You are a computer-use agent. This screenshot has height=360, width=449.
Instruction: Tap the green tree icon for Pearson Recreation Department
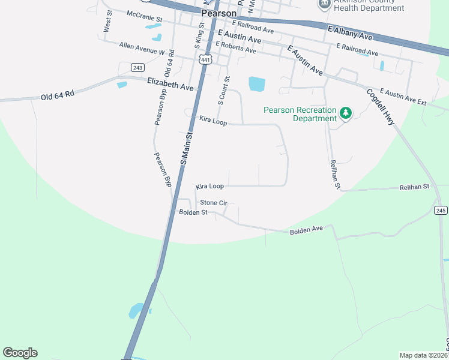point(345,112)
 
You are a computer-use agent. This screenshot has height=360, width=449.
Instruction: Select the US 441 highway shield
point(205,59)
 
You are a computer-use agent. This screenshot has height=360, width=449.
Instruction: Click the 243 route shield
point(137,67)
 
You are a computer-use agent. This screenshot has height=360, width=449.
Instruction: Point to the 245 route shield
point(441,209)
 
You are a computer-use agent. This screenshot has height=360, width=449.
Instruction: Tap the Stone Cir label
point(213,203)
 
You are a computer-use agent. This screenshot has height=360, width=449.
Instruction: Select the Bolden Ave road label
point(306,230)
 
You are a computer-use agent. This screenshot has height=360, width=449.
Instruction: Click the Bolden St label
point(193,212)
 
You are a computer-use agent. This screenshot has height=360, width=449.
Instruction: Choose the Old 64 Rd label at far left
point(57,94)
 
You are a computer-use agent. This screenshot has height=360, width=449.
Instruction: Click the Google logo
point(20,353)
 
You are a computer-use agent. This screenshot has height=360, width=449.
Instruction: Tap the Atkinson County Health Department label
point(370,5)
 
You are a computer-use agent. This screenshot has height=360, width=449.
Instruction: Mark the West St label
point(107,25)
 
